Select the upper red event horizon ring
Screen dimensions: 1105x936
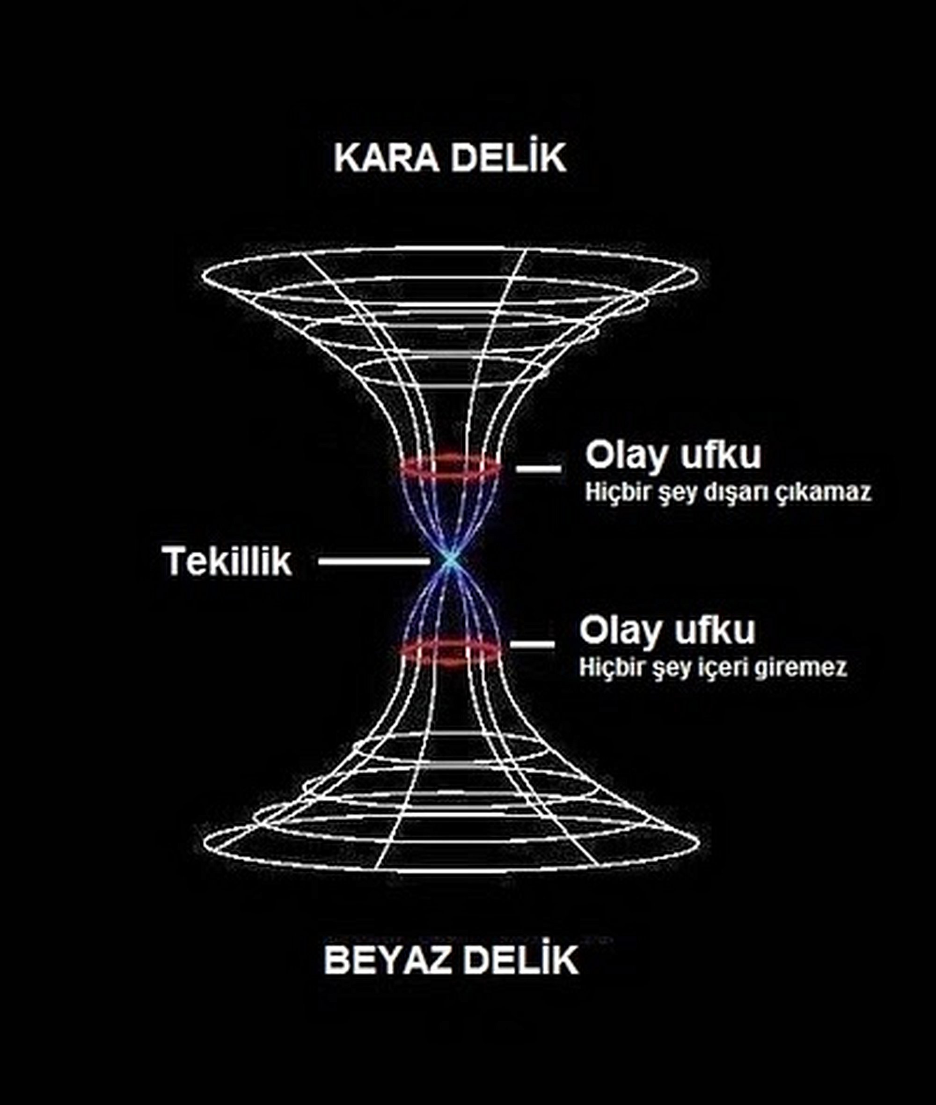450,468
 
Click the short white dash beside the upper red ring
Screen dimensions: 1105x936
538,468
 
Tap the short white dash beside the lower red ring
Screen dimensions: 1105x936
532,644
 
